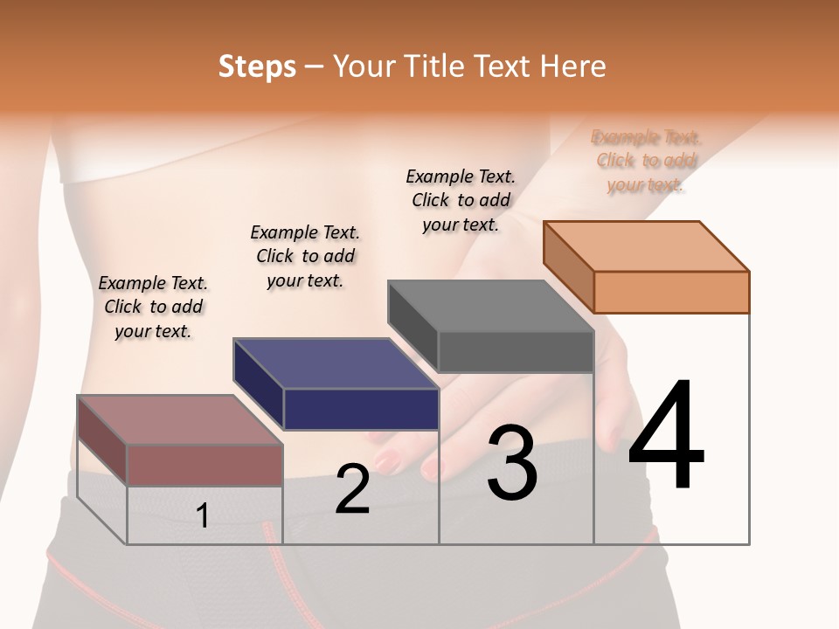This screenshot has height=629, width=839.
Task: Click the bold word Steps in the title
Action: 257,66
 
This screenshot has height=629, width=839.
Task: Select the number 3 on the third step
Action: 512,464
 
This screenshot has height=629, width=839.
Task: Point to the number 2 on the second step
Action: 352,489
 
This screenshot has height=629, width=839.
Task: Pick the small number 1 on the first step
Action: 203,515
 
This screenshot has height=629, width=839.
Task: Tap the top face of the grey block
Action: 491,306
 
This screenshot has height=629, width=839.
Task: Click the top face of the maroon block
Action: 180,420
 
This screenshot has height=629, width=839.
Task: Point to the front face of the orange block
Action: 671,292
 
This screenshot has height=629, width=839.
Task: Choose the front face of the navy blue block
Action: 361,409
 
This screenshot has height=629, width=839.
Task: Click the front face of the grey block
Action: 516,351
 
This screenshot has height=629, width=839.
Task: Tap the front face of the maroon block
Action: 205,465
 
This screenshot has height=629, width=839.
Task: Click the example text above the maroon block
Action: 153,307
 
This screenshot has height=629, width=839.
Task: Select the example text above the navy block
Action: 305,256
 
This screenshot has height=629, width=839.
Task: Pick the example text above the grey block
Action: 461,200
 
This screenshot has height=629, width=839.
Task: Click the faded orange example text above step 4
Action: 646,161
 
